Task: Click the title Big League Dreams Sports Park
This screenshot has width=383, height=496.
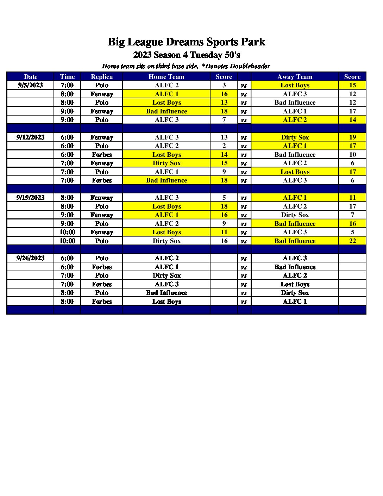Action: point(186,42)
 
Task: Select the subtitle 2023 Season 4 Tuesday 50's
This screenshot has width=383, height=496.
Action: point(186,55)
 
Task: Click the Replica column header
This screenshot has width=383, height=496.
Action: point(102,77)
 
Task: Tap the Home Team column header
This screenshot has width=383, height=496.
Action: point(167,77)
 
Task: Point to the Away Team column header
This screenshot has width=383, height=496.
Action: point(295,77)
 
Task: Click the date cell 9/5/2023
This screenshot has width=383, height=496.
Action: point(30,85)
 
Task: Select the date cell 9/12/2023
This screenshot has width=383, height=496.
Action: point(30,137)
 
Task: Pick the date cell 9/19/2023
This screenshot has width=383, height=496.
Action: point(30,198)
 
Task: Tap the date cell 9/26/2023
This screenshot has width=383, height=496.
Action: point(30,258)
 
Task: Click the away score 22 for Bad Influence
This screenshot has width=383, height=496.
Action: point(352,241)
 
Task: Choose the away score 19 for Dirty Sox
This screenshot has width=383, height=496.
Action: point(352,137)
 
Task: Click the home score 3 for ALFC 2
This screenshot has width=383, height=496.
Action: point(224,85)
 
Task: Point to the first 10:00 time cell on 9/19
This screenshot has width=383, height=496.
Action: point(67,232)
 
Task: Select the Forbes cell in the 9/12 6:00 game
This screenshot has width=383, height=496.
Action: point(102,155)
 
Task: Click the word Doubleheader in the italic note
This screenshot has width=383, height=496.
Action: point(250,66)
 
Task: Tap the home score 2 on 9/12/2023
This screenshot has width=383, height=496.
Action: point(224,146)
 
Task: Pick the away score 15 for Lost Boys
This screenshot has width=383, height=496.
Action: point(352,85)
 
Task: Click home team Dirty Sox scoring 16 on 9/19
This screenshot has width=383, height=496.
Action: point(167,241)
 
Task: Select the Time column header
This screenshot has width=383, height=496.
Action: point(67,77)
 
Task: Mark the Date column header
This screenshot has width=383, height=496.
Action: point(31,77)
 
